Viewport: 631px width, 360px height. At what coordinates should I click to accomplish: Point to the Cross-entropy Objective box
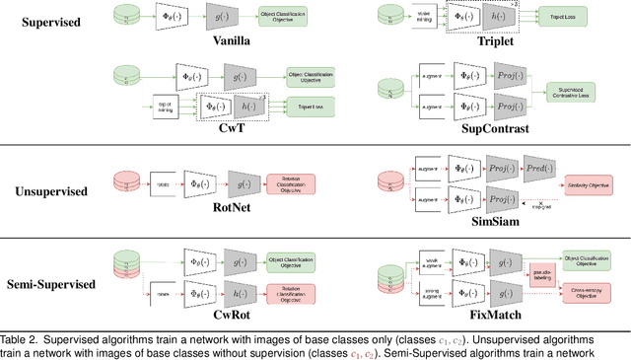click(x=589, y=293)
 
